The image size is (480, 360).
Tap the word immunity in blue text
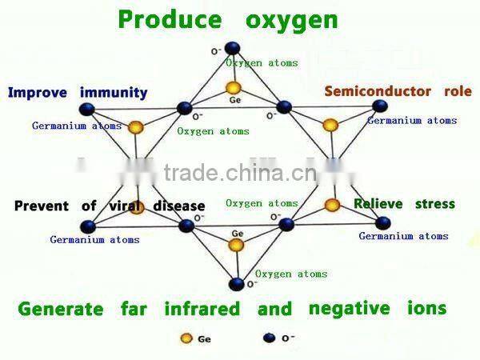click(114, 93)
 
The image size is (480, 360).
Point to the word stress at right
click(434, 204)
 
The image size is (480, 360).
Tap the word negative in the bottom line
click(349, 309)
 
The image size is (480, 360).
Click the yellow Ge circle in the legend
click(186, 337)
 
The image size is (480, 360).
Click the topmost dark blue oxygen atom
click(232, 48)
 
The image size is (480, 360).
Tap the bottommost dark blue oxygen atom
click(236, 283)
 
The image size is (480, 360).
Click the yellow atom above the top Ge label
click(233, 87)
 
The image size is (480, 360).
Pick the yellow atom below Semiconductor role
click(330, 125)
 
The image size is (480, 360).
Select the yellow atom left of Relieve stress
click(332, 206)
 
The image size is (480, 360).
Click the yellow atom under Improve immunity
click(136, 126)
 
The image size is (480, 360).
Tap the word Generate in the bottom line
click(60, 309)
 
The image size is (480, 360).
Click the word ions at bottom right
click(425, 308)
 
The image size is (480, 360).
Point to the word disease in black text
click(178, 206)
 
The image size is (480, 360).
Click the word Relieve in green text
click(379, 204)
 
